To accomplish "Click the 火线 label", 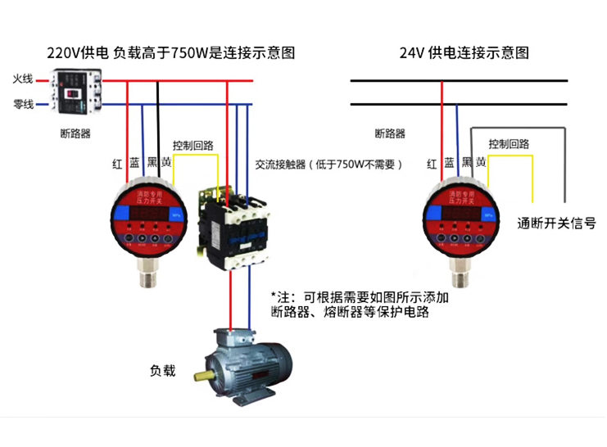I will (22, 80).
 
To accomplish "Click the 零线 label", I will (22, 105).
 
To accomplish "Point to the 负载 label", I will (162, 371).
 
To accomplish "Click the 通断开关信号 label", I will (556, 223).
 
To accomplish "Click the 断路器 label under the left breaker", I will (75, 133).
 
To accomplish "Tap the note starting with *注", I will (360, 305).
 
